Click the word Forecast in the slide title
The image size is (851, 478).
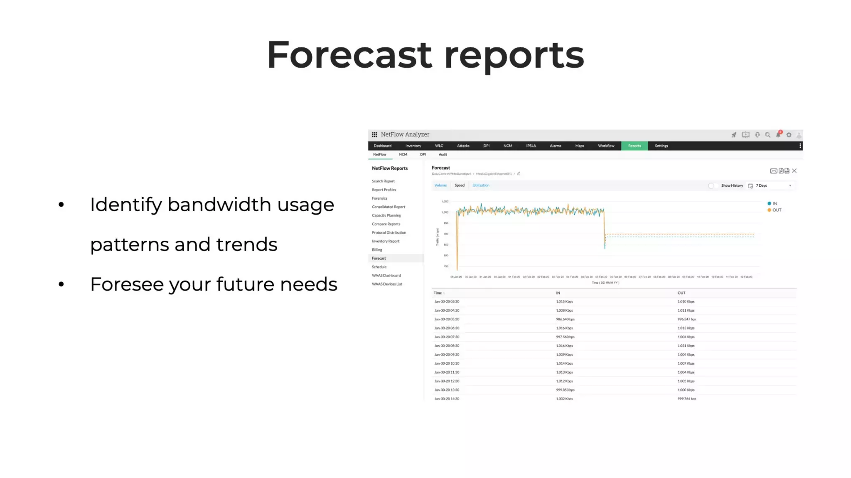[x=349, y=55]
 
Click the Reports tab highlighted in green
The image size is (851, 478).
[x=634, y=146]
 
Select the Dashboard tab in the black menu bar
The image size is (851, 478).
[x=382, y=146]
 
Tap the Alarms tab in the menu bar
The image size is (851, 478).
[x=555, y=146]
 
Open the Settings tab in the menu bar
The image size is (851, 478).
[x=661, y=146]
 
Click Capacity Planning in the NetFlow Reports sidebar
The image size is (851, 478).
[x=386, y=215]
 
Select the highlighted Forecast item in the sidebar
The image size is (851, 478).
[x=379, y=258]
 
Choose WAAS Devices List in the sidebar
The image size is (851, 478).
[x=387, y=284]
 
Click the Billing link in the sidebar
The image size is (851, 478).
[x=377, y=250]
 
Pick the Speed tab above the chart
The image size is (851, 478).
[x=459, y=185]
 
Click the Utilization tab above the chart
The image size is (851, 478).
[x=481, y=185]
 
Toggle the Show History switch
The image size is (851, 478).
[x=712, y=185]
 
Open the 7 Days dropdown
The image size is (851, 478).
[x=773, y=185]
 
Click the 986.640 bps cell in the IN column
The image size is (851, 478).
[x=565, y=319]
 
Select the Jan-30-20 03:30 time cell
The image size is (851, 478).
[x=447, y=302]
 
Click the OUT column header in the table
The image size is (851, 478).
[x=681, y=293]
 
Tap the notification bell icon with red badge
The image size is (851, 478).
[x=778, y=134]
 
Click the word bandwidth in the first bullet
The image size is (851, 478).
[x=219, y=205]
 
